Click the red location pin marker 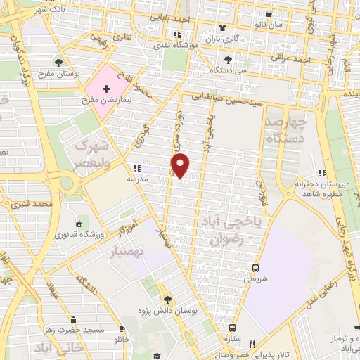[x=181, y=164]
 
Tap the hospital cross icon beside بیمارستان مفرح [x=106, y=89]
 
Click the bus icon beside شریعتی [x=255, y=268]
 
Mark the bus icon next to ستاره [x=233, y=328]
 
